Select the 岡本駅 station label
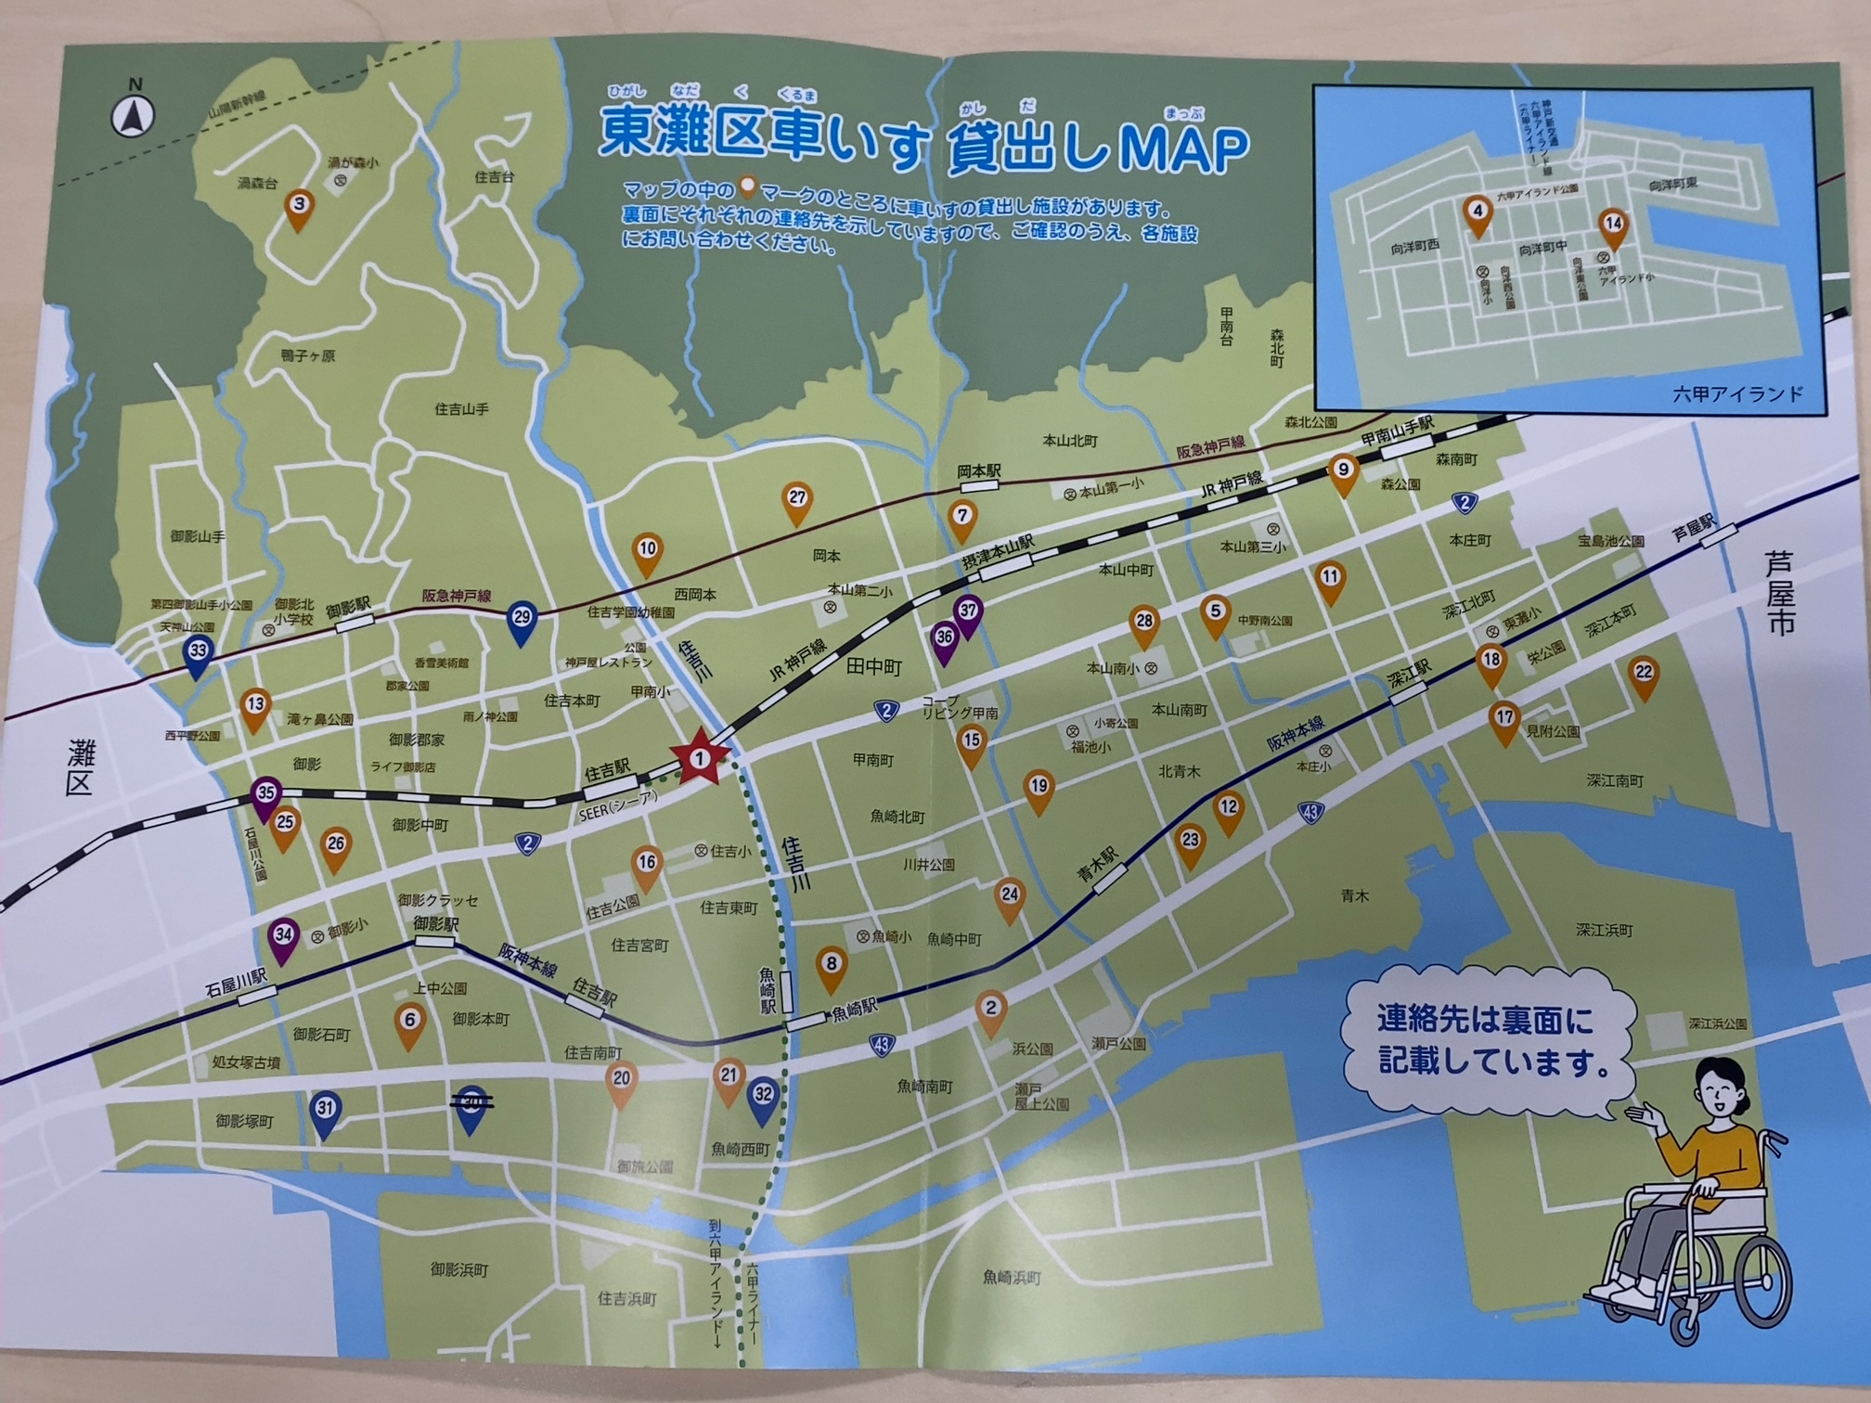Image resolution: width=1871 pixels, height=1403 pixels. (x=979, y=472)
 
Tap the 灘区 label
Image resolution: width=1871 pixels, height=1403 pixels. (x=81, y=766)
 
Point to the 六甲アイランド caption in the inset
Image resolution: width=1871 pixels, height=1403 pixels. (x=1737, y=394)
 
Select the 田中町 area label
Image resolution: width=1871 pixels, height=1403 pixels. (x=873, y=666)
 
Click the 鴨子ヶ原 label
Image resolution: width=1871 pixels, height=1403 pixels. (x=307, y=356)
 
